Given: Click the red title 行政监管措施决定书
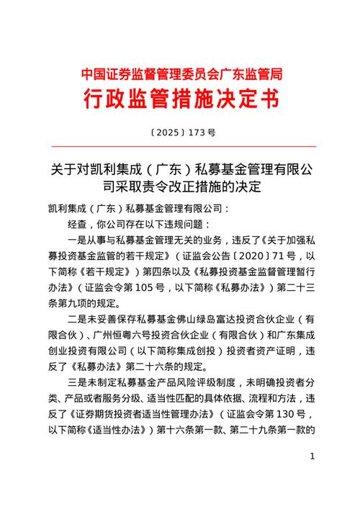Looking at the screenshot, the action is coord(180,97).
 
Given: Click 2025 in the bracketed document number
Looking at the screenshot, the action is coord(168,133).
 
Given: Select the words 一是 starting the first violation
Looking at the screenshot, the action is coord(80,241).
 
